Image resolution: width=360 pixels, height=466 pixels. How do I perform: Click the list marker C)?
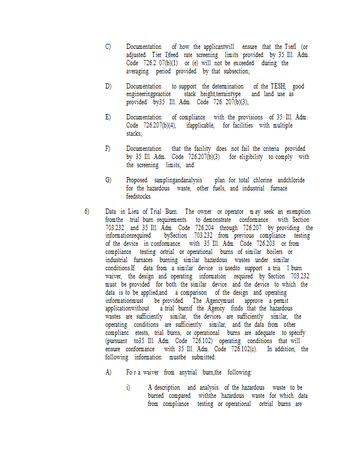click(x=108, y=47)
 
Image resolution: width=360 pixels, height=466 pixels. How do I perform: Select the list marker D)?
click(x=108, y=86)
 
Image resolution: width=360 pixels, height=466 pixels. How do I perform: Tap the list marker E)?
click(x=108, y=118)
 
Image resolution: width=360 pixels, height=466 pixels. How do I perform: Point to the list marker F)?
click(x=108, y=149)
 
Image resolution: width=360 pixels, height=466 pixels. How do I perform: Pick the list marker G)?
click(x=108, y=181)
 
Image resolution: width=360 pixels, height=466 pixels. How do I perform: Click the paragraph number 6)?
click(x=87, y=211)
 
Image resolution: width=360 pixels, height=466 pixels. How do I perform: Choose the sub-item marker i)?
click(x=129, y=387)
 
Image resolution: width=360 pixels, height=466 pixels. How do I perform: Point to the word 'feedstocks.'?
click(x=142, y=196)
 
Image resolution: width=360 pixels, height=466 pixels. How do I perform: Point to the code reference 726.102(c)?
click(x=248, y=349)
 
